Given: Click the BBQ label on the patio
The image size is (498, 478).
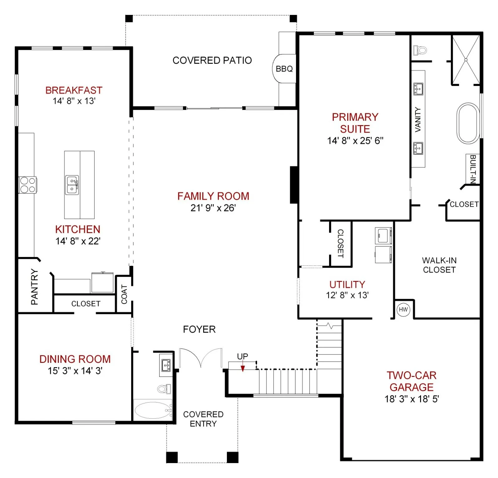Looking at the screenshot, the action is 284,69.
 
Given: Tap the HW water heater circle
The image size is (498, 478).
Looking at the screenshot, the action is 403,309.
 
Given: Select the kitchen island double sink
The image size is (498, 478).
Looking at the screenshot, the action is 72,185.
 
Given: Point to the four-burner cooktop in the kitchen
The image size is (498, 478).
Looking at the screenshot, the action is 27,185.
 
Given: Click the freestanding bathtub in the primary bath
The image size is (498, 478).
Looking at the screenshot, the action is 468,123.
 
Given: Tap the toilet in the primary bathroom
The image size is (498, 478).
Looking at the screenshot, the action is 420,50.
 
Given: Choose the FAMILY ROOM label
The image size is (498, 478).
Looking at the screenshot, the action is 213,196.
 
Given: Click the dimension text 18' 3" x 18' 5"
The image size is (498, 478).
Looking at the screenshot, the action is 412,399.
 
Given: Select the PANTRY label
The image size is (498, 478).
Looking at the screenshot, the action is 35,287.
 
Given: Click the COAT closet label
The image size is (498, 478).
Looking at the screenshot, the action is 124,294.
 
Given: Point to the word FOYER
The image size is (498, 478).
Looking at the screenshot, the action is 199,329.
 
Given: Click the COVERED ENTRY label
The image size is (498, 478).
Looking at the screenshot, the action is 203,419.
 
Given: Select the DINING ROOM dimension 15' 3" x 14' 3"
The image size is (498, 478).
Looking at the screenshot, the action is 75,371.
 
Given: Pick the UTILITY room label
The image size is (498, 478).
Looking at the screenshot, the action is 347,284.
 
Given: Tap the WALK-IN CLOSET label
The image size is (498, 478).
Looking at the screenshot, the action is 439,265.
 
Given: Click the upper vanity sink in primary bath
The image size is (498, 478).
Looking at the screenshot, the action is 418,89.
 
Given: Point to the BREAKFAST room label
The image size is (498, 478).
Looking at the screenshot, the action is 74,90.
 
